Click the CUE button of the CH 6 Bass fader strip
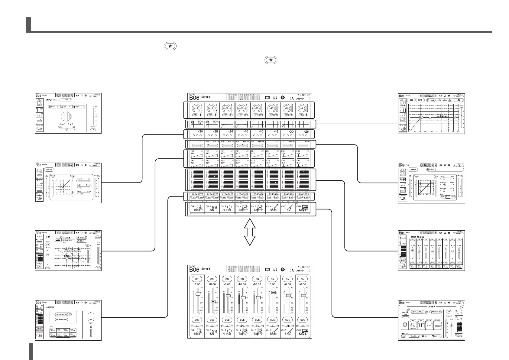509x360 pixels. (x=272, y=320)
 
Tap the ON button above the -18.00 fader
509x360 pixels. (x=212, y=279)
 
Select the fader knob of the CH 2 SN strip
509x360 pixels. (x=213, y=301)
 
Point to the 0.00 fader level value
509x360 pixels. (x=272, y=284)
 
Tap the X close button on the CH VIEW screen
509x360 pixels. (x=462, y=307)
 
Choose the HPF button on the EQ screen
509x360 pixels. (x=420, y=100)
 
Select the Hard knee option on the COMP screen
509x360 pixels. (x=452, y=197)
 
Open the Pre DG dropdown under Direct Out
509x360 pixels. (x=414, y=336)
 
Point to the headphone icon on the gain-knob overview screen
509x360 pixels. (x=275, y=98)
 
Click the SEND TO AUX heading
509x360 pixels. (x=417, y=237)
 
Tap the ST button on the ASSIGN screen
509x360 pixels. (x=91, y=312)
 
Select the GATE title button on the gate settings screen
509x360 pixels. (x=49, y=170)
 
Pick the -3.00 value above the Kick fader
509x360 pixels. (x=197, y=284)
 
